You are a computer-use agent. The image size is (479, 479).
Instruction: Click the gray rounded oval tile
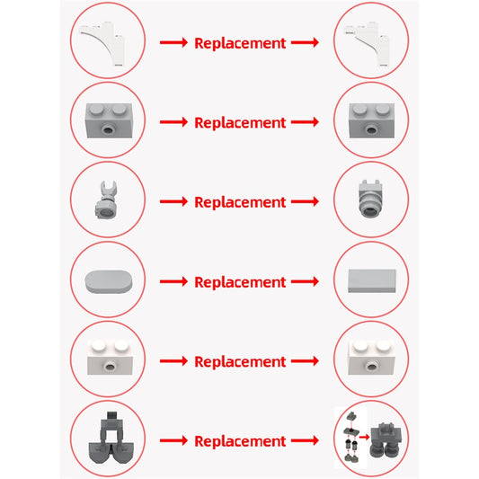(109, 281)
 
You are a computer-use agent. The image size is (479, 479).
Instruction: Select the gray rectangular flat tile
(372, 280)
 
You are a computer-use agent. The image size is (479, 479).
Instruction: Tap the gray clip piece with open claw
(107, 200)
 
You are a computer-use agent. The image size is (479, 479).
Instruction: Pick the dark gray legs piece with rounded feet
(111, 438)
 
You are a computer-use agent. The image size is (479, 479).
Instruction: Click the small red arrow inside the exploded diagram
(364, 437)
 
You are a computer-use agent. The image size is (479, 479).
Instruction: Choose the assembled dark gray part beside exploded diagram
(386, 440)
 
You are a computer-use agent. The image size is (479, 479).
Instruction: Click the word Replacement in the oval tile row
(240, 281)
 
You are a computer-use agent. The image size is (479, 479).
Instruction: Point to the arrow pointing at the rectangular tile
(305, 281)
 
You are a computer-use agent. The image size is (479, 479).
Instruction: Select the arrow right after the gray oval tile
(173, 281)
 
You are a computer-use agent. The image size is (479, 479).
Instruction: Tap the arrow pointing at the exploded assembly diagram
(305, 440)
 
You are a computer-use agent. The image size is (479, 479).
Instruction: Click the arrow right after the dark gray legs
(173, 440)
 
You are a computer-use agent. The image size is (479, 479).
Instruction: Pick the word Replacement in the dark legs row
(240, 441)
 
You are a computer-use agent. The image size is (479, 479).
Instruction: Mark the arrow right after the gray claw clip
(173, 201)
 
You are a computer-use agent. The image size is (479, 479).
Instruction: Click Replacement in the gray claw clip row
(240, 202)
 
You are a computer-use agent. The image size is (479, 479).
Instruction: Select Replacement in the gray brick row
(240, 122)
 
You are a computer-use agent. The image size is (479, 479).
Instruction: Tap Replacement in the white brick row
(240, 361)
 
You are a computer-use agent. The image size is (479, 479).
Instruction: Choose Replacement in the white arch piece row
(240, 43)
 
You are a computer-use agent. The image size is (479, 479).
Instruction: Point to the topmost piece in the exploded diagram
(351, 416)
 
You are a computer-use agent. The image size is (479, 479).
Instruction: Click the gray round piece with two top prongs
(369, 199)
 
